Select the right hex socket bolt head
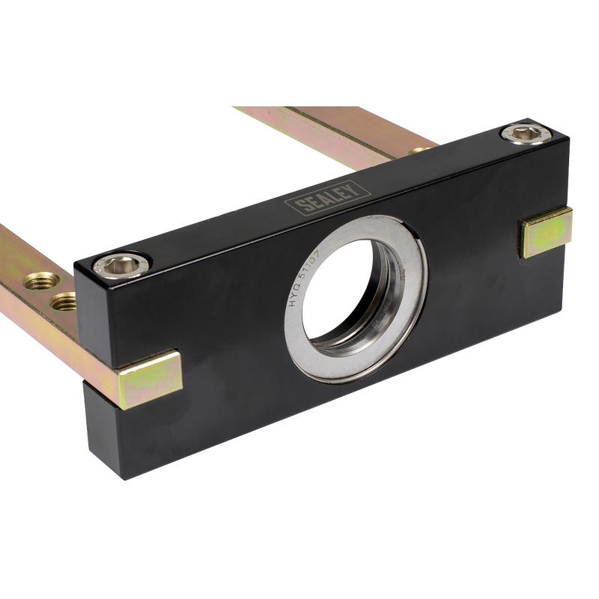click(526, 134)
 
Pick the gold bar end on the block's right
click(547, 233)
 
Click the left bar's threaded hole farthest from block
click(42, 281)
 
